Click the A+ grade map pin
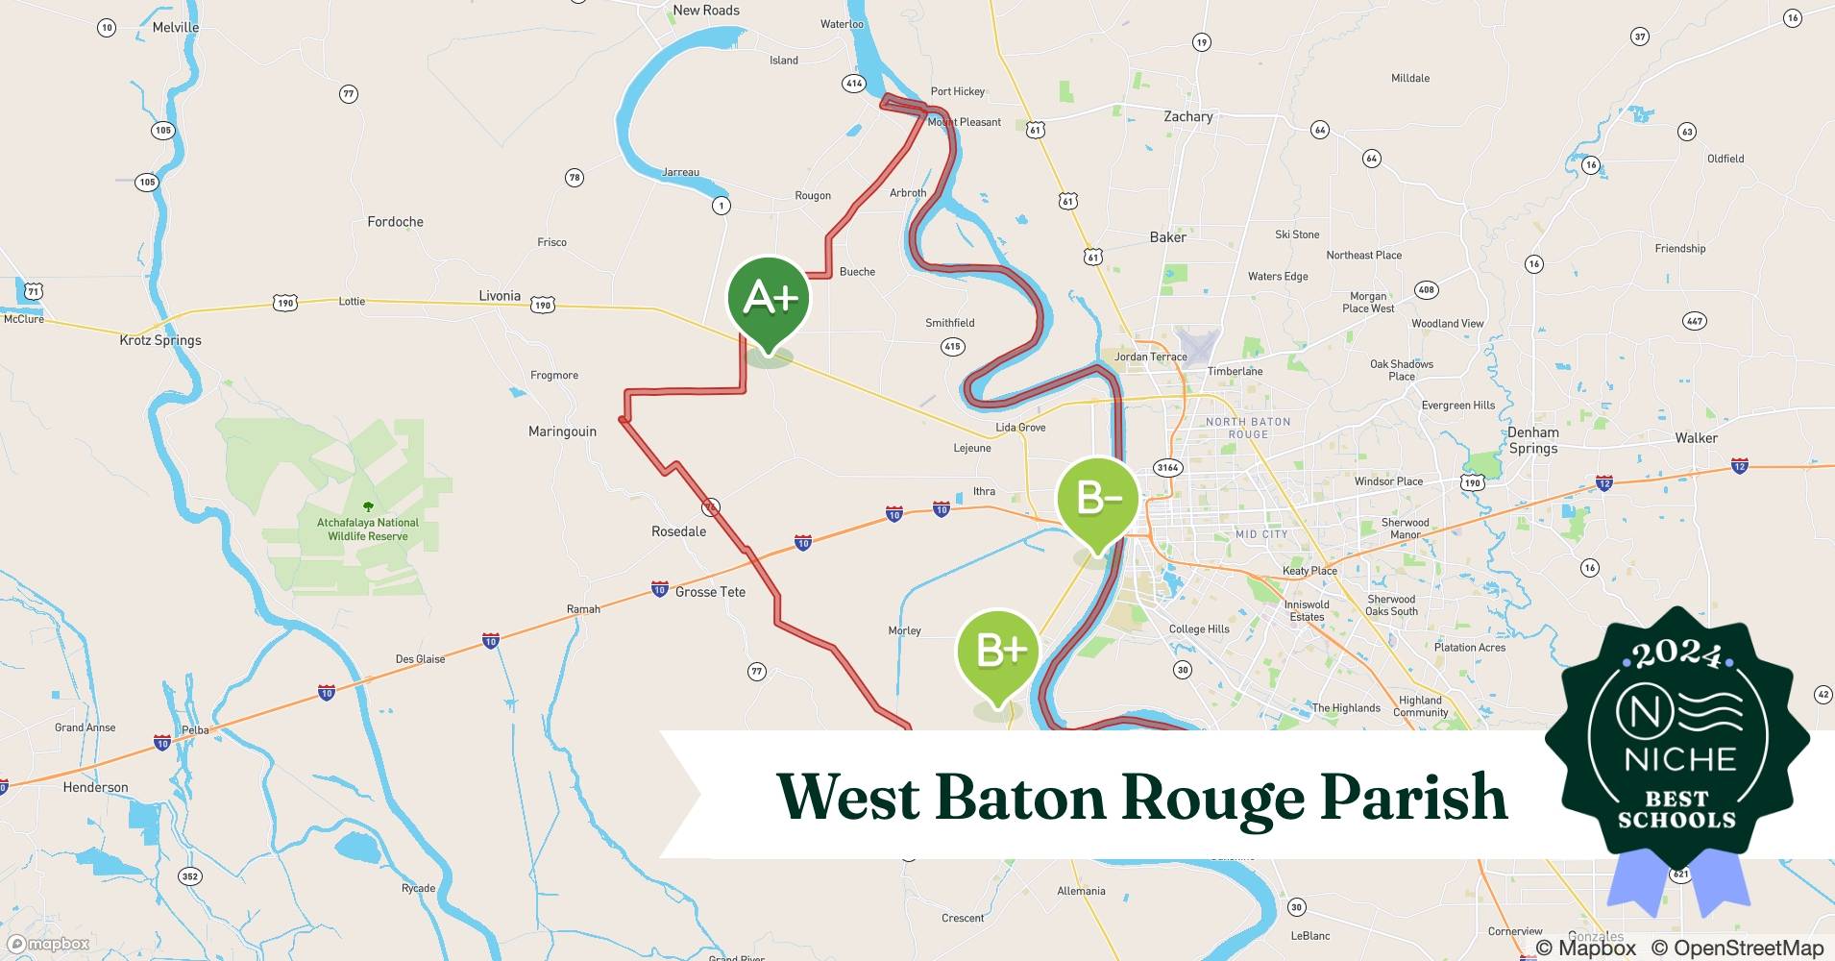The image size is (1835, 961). pos(769,300)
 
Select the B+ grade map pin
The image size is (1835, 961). pos(998,652)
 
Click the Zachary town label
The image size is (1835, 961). pos(1188,116)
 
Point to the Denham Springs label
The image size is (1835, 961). pos(1532,440)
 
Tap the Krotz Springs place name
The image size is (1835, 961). pos(160,340)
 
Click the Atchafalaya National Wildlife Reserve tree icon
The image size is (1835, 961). pos(367,506)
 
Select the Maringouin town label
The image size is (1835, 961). pos(562,431)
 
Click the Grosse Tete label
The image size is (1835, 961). pos(710,592)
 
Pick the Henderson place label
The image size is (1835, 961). pos(95,787)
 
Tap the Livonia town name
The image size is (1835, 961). pos(500,296)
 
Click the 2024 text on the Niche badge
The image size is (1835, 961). pos(1676,654)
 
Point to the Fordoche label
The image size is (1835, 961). pos(395,222)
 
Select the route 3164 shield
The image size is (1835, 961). pos(1167,468)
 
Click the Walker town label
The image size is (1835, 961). pos(1696,438)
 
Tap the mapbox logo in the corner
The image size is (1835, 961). pos(50,944)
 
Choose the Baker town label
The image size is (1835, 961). pos(1167,237)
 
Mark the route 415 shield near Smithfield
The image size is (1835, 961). pos(952,346)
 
